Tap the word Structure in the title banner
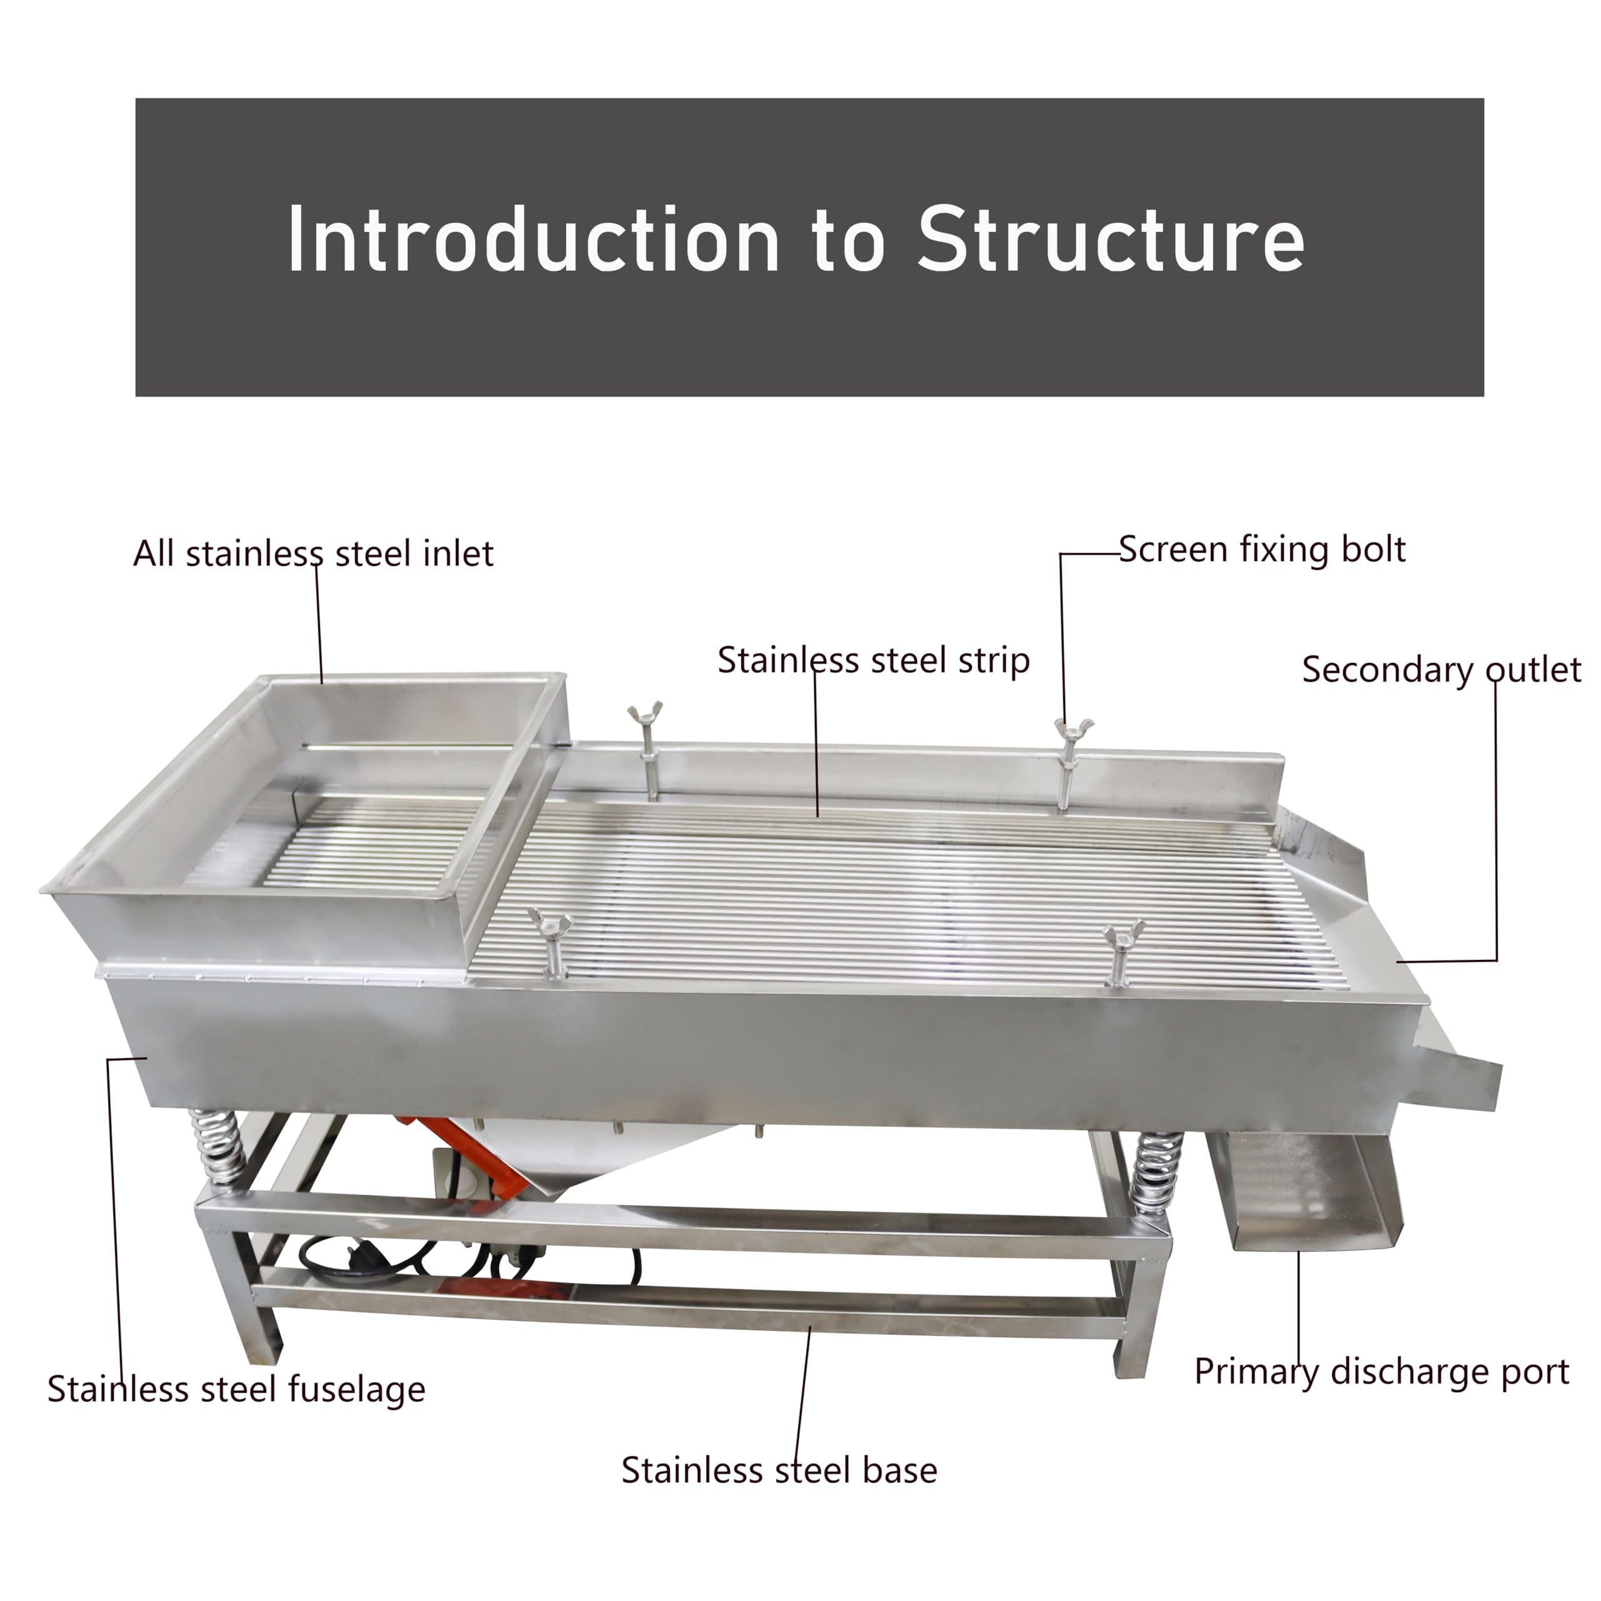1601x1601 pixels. coord(1111,240)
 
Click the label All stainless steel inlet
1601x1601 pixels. coord(313,553)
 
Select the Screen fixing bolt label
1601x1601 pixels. coord(1261,550)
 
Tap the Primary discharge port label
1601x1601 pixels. coord(1381,1371)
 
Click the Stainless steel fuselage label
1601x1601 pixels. coord(236,1389)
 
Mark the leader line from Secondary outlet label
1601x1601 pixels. coord(1497,829)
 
